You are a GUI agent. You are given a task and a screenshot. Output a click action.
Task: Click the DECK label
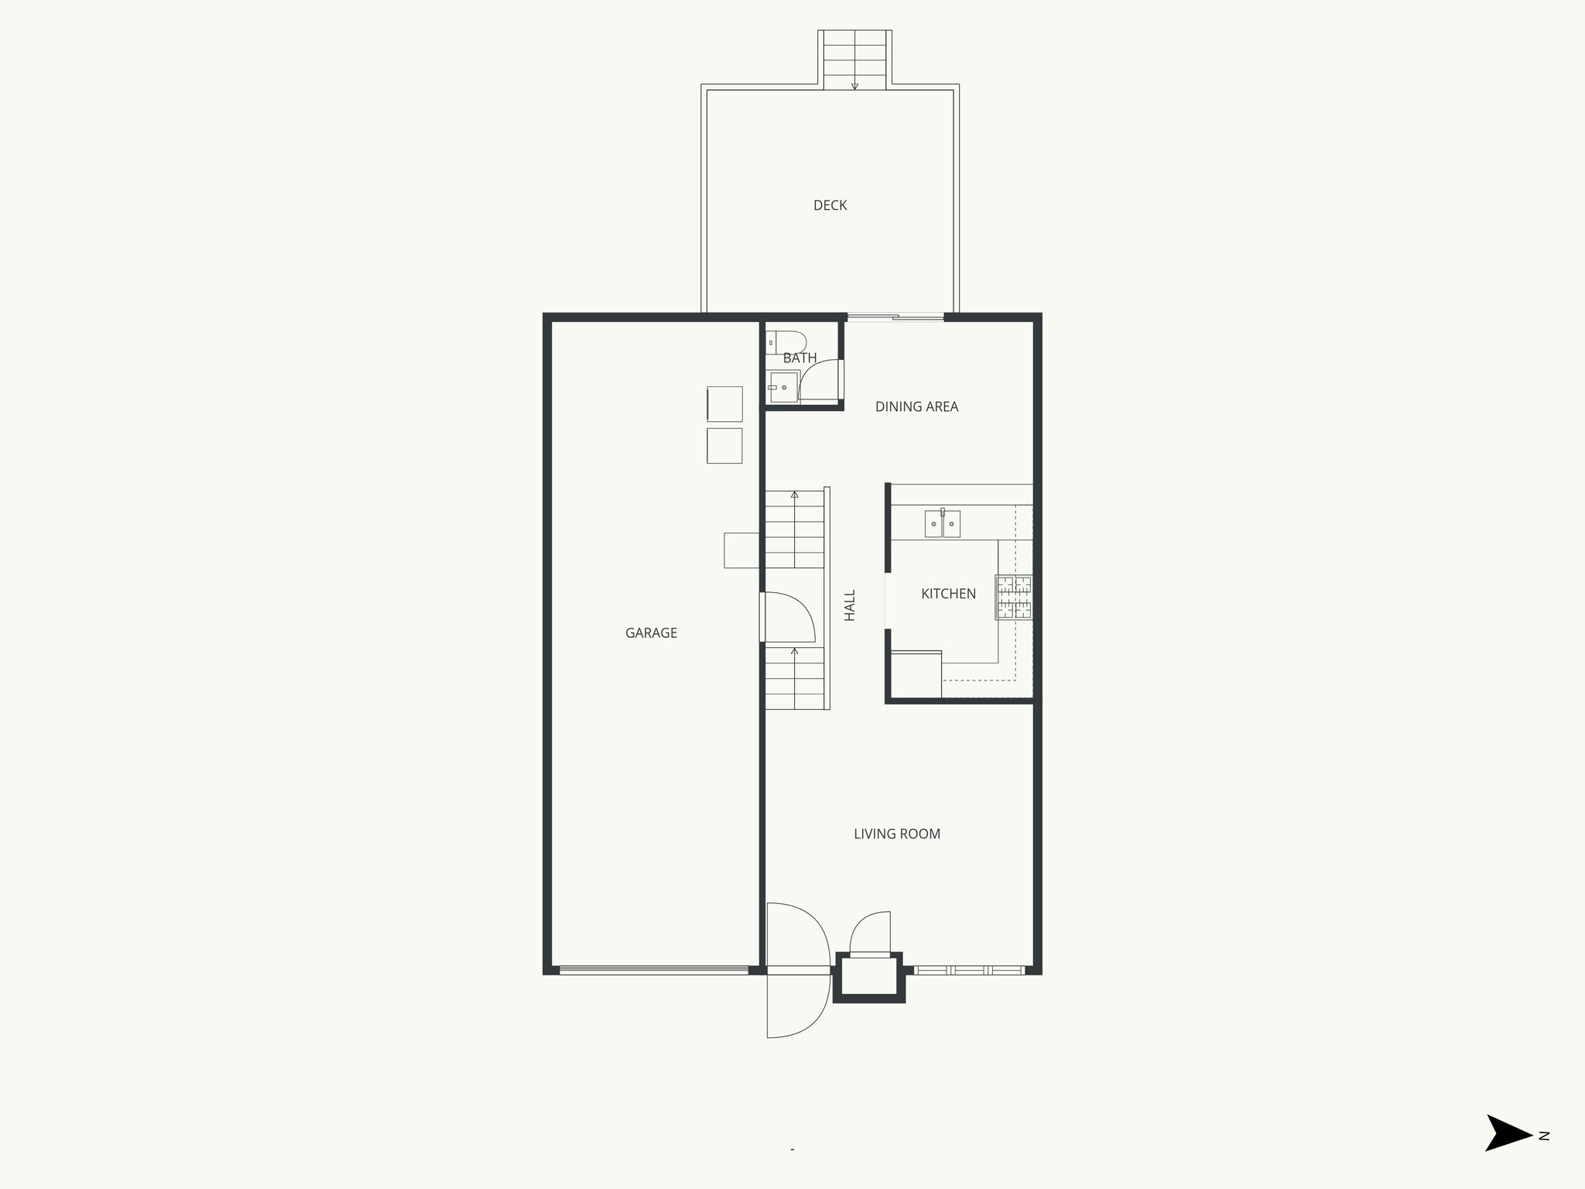[830, 205]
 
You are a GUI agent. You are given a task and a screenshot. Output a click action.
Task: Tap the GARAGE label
[651, 632]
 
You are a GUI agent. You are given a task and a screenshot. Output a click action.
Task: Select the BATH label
[799, 358]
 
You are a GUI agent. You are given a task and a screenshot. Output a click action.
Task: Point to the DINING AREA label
[916, 406]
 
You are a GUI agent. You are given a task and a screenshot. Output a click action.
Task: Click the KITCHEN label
[948, 594]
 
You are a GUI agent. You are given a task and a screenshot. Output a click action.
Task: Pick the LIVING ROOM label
[897, 834]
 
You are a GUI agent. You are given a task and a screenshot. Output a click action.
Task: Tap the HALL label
[850, 605]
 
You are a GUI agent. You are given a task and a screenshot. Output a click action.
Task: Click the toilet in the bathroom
[786, 342]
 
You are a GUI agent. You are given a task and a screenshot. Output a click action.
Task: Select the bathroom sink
[783, 386]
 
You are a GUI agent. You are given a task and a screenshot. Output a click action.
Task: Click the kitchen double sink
[943, 524]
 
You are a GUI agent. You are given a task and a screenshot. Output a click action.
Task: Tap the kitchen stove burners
[1014, 597]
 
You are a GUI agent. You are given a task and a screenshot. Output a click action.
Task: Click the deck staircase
[854, 60]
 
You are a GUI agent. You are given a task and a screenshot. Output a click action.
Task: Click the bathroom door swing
[820, 381]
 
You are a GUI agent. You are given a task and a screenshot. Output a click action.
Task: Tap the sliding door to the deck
[895, 317]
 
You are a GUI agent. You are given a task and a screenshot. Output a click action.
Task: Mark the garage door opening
[654, 970]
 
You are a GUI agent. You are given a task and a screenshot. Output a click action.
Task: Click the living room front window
[969, 970]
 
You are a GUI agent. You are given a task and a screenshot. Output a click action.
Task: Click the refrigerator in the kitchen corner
[916, 674]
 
